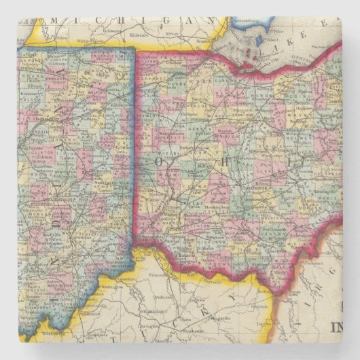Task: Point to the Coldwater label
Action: tap(109, 32)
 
